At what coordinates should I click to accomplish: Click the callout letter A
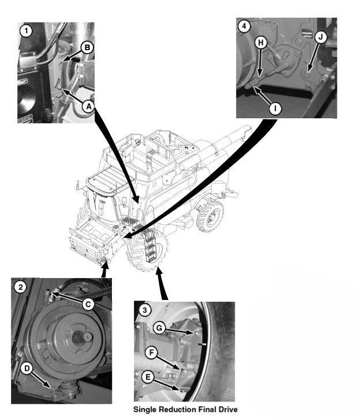[x=88, y=107]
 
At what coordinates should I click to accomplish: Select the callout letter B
[x=87, y=48]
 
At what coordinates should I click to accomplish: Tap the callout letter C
[x=88, y=304]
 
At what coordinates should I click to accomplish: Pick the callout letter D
[x=27, y=369]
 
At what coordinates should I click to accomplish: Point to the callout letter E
[x=148, y=377]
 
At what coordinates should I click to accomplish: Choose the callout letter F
[x=151, y=352]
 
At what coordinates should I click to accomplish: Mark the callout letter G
[x=159, y=328]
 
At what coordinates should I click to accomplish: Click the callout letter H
[x=261, y=43]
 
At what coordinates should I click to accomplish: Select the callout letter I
[x=275, y=108]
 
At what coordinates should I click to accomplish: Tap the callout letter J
[x=320, y=37]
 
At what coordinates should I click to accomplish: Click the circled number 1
[x=26, y=31]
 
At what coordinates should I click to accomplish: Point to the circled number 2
[x=20, y=287]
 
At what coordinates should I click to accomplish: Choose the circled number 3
[x=145, y=310]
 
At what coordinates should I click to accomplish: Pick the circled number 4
[x=244, y=27]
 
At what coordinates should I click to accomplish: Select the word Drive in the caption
[x=227, y=410]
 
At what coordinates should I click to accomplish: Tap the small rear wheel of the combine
[x=210, y=216]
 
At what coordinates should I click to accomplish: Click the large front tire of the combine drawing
[x=147, y=250]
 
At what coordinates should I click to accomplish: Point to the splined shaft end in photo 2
[x=83, y=336]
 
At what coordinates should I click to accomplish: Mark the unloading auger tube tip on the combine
[x=247, y=130]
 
